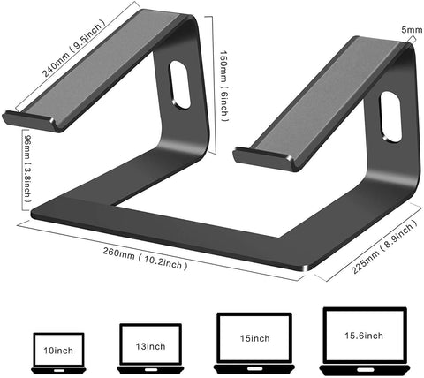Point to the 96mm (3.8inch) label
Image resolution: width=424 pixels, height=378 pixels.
tap(24, 167)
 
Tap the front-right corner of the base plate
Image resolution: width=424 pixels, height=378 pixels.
tap(306, 266)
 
